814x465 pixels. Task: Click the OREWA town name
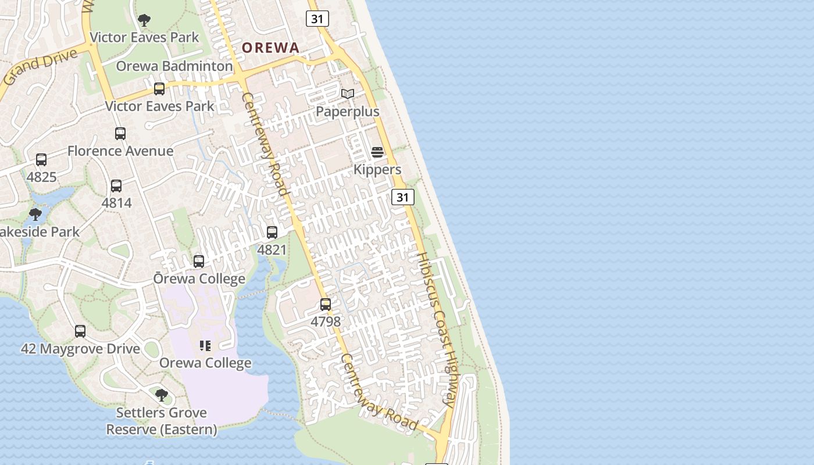(270, 48)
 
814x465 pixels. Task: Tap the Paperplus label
(347, 111)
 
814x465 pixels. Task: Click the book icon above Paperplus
(348, 94)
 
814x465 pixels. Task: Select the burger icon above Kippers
(377, 152)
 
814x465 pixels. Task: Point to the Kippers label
(377, 169)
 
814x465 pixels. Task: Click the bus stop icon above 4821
(272, 233)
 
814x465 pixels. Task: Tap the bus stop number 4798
(326, 321)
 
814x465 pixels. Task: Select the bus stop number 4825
(41, 177)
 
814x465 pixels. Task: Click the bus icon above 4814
(116, 186)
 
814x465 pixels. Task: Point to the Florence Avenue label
(120, 151)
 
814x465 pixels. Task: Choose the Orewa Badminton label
(174, 66)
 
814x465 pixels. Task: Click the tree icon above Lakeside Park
(35, 214)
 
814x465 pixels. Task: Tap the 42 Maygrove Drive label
(80, 349)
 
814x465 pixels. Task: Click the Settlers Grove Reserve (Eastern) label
(162, 421)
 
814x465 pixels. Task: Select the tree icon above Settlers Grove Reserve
(162, 395)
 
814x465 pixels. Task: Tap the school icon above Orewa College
(205, 346)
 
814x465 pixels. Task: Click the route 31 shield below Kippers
(402, 197)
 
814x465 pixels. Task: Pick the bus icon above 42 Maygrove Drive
(80, 331)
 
